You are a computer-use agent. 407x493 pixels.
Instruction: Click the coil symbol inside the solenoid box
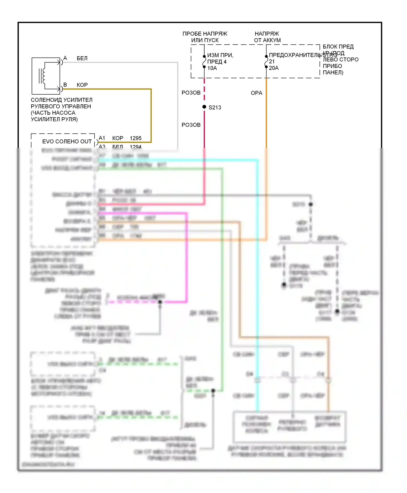pos(43,76)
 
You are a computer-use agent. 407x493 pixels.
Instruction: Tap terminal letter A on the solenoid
pos(65,58)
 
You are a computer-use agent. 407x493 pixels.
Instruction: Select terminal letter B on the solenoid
pos(65,85)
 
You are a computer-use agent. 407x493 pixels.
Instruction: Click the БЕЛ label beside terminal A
pos(82,58)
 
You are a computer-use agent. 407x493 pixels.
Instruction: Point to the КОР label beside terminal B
pos(82,85)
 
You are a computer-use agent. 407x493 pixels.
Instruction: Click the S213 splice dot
pos(204,107)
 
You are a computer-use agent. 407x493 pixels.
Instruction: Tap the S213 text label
pos(215,108)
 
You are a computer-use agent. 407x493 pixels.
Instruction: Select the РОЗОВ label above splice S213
pos(191,93)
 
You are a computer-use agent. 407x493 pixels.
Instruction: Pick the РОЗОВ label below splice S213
pos(191,125)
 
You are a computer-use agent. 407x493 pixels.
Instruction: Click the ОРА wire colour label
pos(256,93)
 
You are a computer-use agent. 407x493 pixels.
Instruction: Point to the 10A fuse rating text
pos(212,68)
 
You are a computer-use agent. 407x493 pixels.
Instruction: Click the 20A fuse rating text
pos(274,68)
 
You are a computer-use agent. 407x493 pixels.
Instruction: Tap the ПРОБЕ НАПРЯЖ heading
pos(205,34)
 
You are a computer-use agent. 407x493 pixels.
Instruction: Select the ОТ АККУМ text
pos(267,40)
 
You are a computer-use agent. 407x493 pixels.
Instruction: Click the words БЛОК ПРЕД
pos(338,47)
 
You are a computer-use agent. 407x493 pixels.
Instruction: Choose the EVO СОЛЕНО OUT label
pos(67,141)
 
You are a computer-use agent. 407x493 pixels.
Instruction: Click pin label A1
pos(102,138)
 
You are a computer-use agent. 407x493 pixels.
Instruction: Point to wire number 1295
pos(136,138)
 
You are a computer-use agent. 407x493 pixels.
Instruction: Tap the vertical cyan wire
pos(257,272)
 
